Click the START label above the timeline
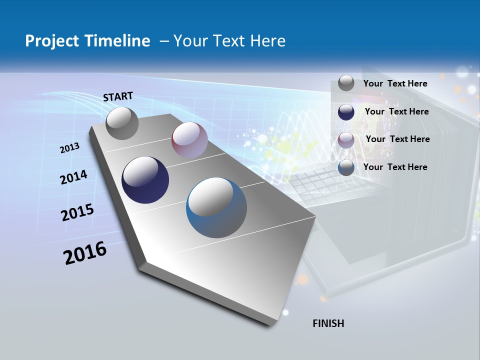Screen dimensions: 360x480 pyautogui.click(x=118, y=96)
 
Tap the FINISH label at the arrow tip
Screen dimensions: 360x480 pyautogui.click(x=328, y=323)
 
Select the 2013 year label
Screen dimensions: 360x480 pyautogui.click(x=69, y=148)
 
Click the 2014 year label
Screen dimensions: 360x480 pyautogui.click(x=73, y=177)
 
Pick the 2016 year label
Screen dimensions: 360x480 pyautogui.click(x=85, y=253)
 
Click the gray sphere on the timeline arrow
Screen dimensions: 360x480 pyautogui.click(x=122, y=123)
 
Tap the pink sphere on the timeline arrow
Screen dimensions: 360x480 pyautogui.click(x=189, y=139)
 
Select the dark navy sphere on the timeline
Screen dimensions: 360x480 pyautogui.click(x=145, y=180)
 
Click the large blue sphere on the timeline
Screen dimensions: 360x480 pyautogui.click(x=216, y=207)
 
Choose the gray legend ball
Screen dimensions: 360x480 pyautogui.click(x=346, y=83)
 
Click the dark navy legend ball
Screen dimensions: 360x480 pyautogui.click(x=346, y=112)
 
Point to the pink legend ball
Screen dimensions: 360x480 pyautogui.click(x=346, y=140)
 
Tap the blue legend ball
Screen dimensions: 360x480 pyautogui.click(x=346, y=168)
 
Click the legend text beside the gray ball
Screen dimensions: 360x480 pyautogui.click(x=395, y=83)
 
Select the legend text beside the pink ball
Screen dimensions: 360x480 pyautogui.click(x=397, y=139)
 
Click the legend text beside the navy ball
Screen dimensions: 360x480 pyautogui.click(x=396, y=111)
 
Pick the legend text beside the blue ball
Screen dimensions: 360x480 pyautogui.click(x=395, y=167)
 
